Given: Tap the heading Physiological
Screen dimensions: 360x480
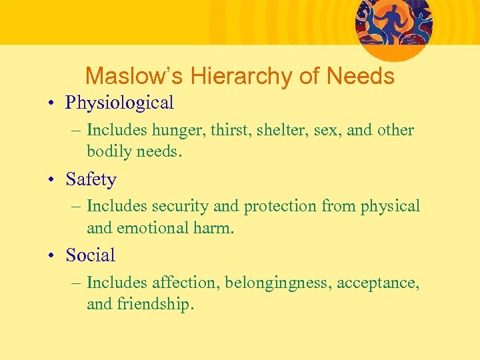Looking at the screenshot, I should pos(119,103).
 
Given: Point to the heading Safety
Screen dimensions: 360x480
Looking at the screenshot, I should pos(91,179).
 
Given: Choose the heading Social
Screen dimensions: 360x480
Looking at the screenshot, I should pos(90,255).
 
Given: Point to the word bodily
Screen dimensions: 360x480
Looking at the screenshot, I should pos(109,151).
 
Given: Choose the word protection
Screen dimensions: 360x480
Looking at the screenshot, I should pos(279,207).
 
